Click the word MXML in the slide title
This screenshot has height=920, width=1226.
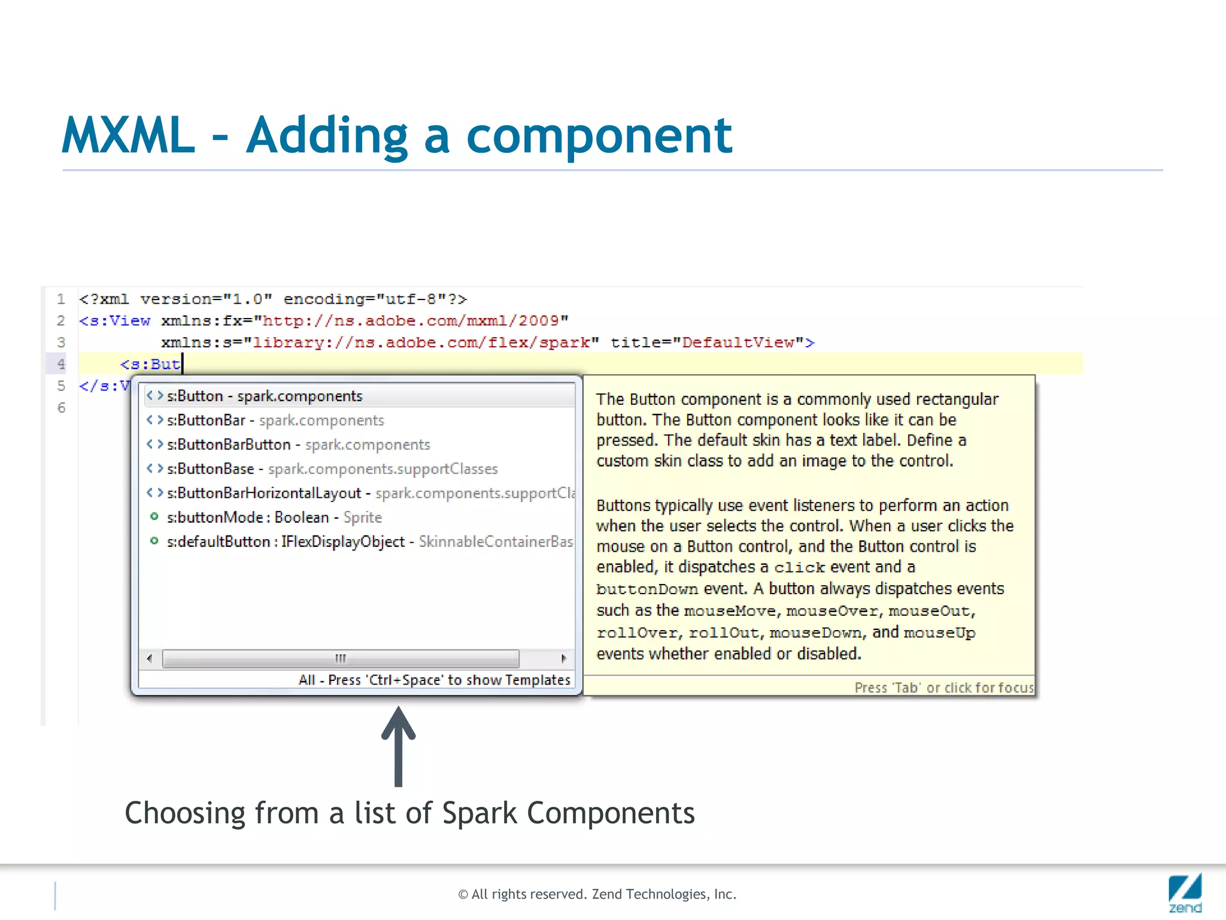coord(128,136)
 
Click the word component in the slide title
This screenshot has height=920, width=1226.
coord(599,136)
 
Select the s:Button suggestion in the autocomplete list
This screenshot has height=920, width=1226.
coord(264,396)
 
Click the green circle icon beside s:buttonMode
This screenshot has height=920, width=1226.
coord(154,516)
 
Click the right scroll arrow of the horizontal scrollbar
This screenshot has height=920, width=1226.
coord(563,658)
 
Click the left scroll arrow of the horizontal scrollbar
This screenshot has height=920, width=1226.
coord(150,658)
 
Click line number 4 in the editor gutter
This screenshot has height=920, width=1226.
coord(61,364)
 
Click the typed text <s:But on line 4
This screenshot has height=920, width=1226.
coord(150,364)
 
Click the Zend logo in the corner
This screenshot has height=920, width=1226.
coord(1184,893)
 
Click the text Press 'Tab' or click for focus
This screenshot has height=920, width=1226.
coord(943,688)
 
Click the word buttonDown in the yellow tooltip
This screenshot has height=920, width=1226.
coord(647,589)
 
